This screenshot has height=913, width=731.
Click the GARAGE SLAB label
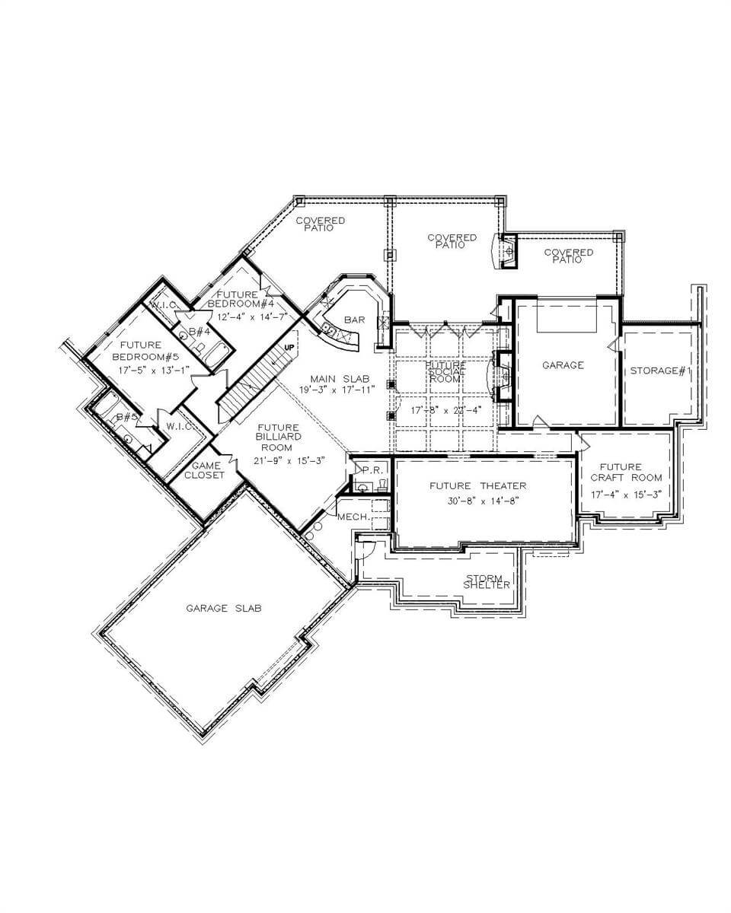coord(224,608)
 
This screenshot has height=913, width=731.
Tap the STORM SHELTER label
coord(487,581)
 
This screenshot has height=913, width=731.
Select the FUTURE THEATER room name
coord(477,485)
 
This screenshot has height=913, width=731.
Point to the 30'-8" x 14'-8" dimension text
coord(484,501)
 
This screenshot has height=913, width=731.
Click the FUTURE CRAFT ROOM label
coord(626,472)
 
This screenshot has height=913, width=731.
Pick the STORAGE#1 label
coord(659,371)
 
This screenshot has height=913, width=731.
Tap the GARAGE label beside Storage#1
coord(563,365)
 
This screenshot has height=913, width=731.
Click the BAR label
coord(354,320)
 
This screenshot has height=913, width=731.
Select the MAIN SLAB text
coord(340,378)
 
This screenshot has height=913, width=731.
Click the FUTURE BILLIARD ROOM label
coord(279,437)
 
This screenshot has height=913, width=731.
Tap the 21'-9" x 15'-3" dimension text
coord(279,461)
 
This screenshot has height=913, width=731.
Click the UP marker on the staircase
coord(289,347)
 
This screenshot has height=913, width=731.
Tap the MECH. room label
coord(353,517)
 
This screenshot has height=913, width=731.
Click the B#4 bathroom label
coord(200,331)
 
